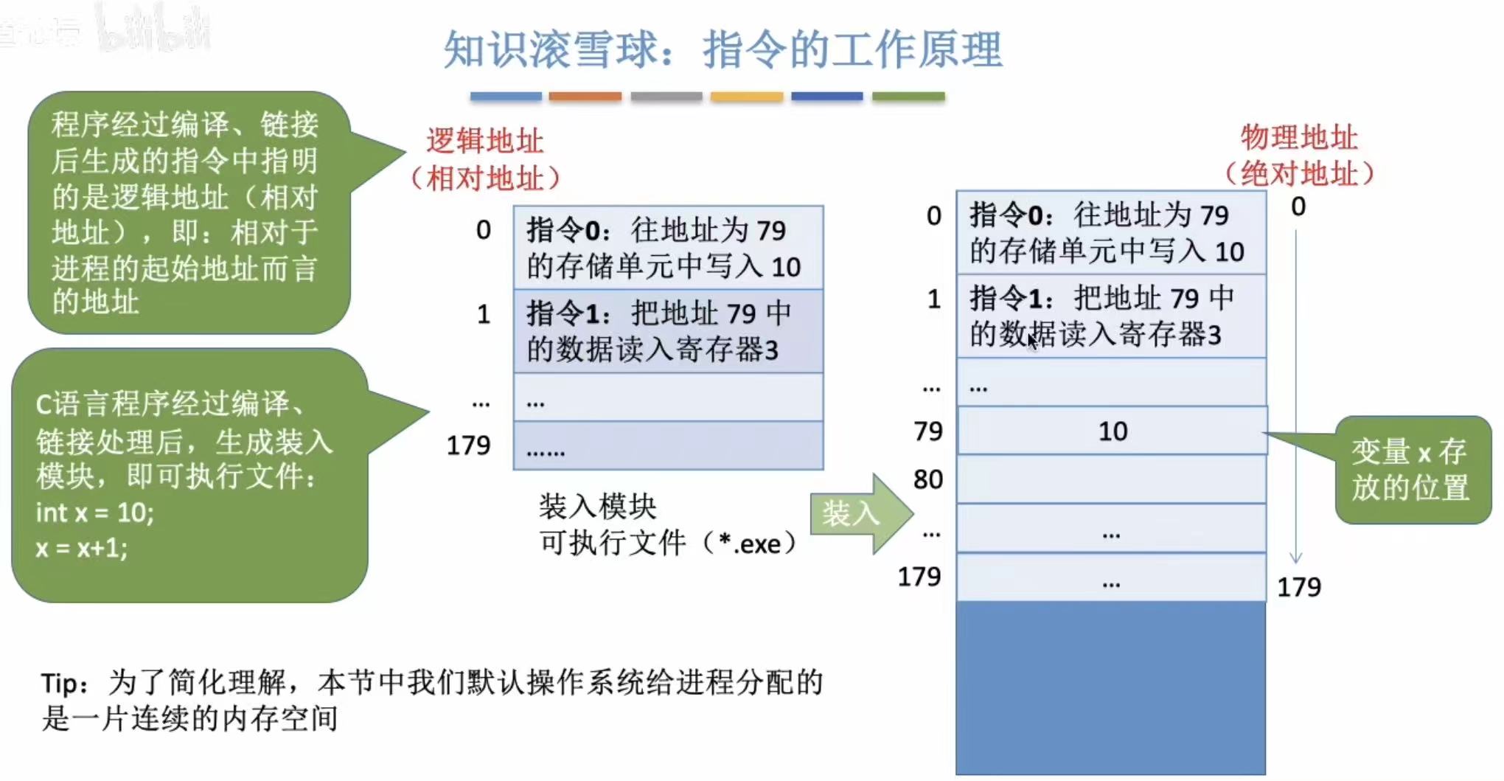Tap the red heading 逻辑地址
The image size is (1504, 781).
pos(484,141)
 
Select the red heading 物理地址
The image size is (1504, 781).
pos(1299,137)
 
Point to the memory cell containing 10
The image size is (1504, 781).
pos(1112,431)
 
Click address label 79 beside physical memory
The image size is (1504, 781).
pos(928,431)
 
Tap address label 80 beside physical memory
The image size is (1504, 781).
pos(928,479)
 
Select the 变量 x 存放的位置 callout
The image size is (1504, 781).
pos(1411,470)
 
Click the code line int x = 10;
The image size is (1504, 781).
pos(95,512)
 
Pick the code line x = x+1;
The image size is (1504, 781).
pos(82,547)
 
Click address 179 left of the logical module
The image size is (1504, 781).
pos(469,445)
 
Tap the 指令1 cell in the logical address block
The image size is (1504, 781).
pos(668,331)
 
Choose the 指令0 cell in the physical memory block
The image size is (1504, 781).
pos(1110,233)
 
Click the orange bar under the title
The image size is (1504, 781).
pos(585,97)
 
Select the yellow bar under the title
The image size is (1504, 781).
pos(746,97)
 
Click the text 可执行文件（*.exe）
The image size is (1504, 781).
pos(668,544)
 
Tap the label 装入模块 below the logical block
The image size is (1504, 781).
pos(597,507)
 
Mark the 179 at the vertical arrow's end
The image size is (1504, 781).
pos(1299,587)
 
